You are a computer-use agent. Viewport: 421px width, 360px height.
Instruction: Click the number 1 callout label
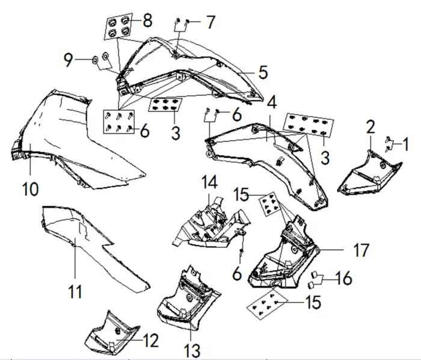pos(405,144)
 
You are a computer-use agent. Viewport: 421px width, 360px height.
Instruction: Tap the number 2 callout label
pos(370,127)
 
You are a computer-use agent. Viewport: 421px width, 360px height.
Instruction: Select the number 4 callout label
pos(272,102)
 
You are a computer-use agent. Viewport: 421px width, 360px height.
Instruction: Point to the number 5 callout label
pos(263,72)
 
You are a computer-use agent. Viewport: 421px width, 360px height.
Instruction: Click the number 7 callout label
pos(209,23)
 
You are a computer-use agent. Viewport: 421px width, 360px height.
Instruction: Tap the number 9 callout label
pos(70,60)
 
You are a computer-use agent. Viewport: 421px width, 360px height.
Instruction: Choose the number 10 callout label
pos(30,189)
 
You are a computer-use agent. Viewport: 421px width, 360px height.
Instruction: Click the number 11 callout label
pos(75,292)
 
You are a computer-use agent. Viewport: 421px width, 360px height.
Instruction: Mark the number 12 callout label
pos(151,341)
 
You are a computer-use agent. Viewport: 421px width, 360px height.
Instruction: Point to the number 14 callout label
pos(208,182)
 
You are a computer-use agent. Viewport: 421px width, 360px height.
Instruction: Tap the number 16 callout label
pos(344,278)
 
